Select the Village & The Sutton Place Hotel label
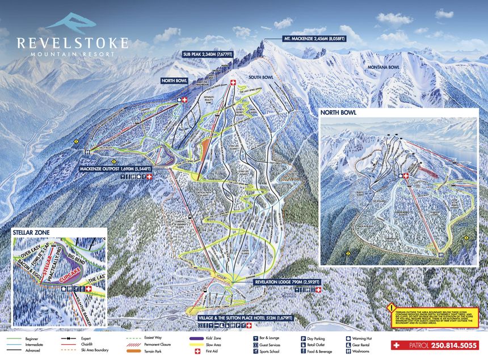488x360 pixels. click(x=245, y=319)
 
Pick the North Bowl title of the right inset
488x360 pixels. click(x=339, y=112)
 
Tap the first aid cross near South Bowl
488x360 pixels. click(x=232, y=83)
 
